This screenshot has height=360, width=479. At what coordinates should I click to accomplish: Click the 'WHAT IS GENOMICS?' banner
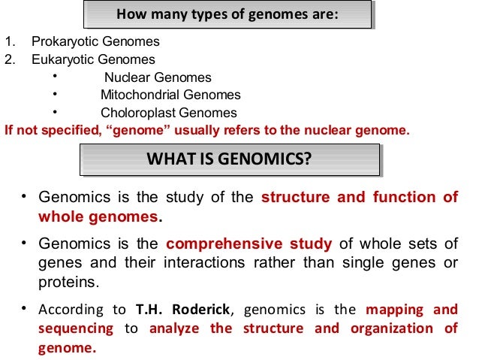click(x=228, y=159)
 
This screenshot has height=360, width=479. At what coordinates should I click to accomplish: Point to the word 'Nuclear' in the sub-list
click(x=124, y=77)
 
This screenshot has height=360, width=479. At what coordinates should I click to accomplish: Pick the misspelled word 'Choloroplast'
click(x=134, y=113)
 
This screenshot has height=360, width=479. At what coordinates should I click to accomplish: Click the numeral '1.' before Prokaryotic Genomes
click(x=9, y=42)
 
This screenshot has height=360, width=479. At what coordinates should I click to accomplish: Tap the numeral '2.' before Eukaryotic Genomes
click(x=9, y=59)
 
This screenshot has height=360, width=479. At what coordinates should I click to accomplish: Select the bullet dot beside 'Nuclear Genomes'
click(x=55, y=77)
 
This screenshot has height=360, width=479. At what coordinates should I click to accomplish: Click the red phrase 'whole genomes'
click(x=98, y=217)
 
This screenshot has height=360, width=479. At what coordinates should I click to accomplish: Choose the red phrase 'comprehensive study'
click(x=249, y=244)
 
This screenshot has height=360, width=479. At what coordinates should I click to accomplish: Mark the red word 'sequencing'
click(x=75, y=328)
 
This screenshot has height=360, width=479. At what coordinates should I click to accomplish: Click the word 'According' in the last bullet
click(x=71, y=310)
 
